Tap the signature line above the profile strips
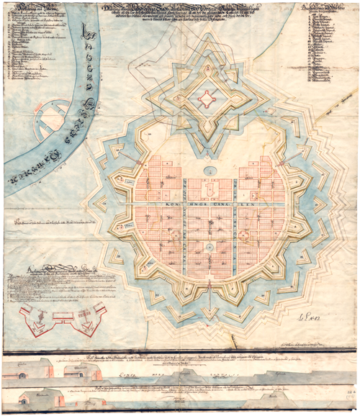point(302,347)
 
